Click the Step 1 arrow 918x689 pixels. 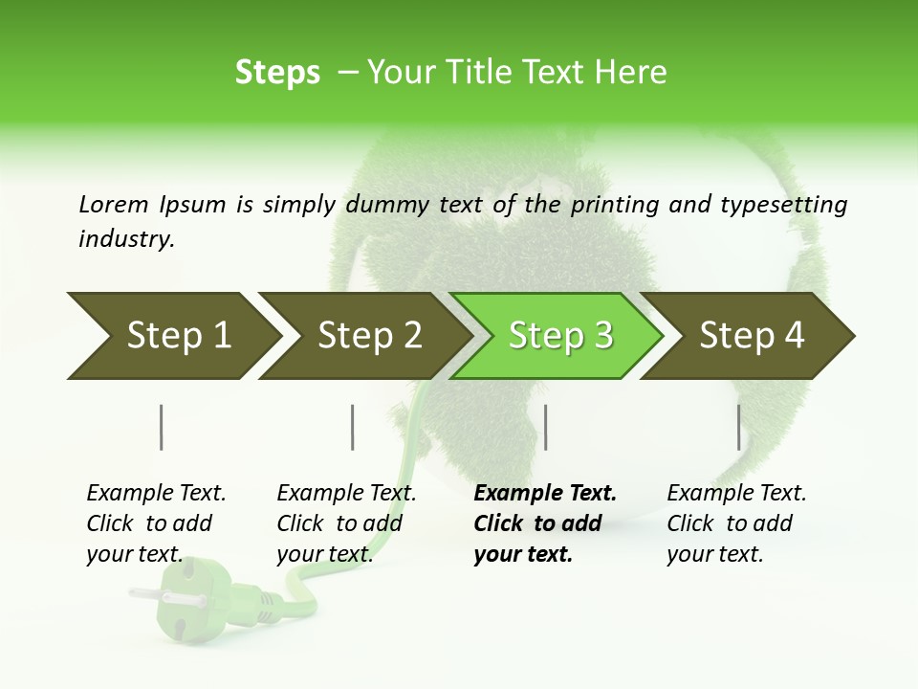point(172,336)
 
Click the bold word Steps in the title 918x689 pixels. point(277,73)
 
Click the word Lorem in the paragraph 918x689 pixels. point(113,204)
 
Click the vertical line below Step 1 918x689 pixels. point(162,427)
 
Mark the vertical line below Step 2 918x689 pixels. point(353,427)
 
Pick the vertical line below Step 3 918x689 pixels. point(545,427)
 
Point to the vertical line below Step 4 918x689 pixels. point(738,427)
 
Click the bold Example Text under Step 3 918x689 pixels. point(545,494)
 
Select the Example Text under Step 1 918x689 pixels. point(156,494)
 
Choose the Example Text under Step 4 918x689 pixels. point(736,494)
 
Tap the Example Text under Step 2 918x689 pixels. point(346,494)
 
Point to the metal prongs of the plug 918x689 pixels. point(153,596)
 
